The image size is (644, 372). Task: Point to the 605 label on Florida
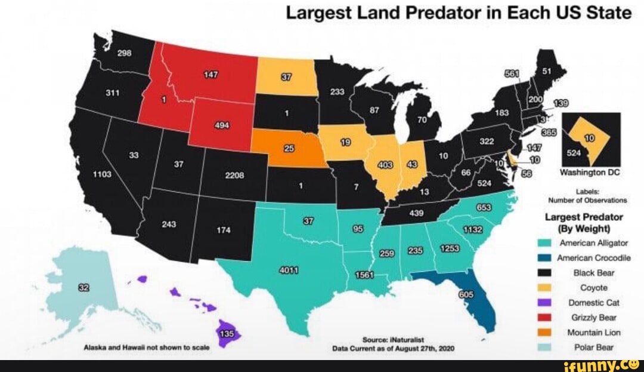point(466,295)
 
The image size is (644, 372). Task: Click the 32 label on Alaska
point(84,288)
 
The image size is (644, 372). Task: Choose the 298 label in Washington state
point(124,53)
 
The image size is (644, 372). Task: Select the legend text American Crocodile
point(589,258)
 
